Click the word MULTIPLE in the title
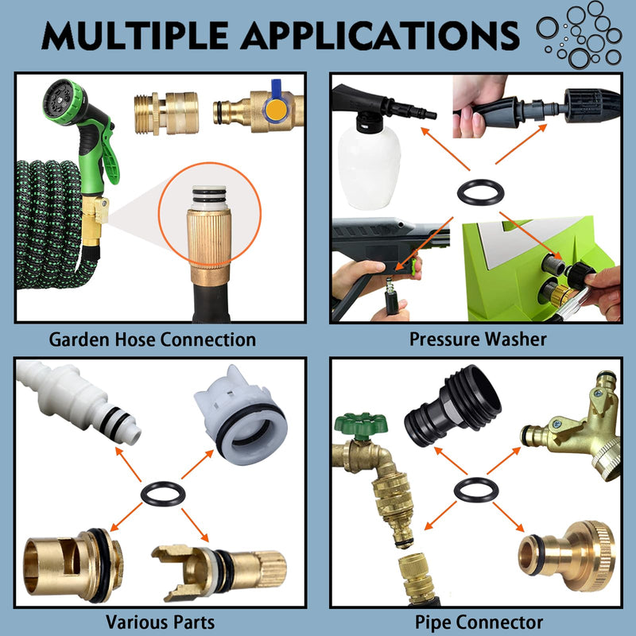click(135, 36)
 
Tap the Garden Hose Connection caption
click(152, 339)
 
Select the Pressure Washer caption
click(478, 339)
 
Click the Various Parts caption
click(161, 622)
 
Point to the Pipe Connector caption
click(479, 622)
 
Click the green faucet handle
click(361, 425)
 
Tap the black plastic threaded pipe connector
click(452, 405)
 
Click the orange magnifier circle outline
click(158, 214)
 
